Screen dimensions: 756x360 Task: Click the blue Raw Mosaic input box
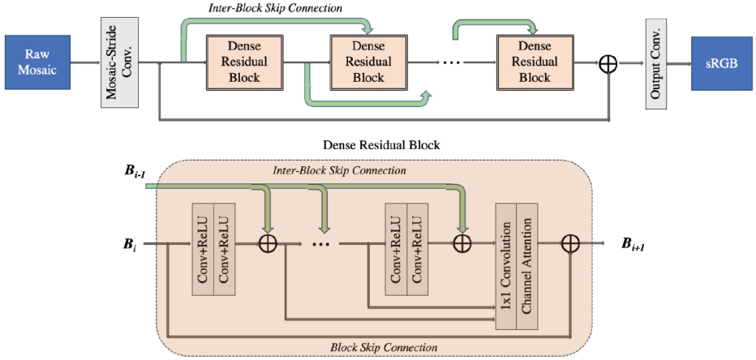33,62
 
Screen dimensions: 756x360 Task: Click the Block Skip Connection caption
384,346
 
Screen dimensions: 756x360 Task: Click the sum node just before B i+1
570,243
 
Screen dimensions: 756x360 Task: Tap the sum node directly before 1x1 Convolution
462,243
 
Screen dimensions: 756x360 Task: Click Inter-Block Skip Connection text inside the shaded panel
340,171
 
